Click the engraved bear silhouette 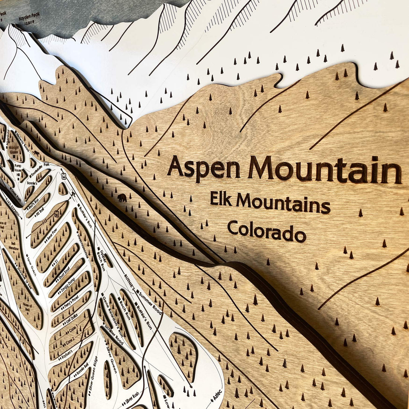tap(122, 197)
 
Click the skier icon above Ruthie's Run tap(73, 193)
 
